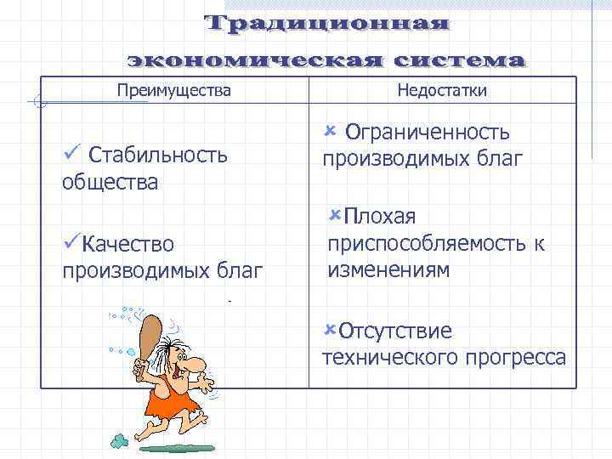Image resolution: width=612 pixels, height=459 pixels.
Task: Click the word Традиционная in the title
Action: coord(327,23)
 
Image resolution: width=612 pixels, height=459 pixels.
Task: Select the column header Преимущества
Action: coord(173,90)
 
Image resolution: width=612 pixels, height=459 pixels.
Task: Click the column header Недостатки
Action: coord(442,91)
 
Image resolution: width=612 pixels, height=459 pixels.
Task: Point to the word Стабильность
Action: coord(158,155)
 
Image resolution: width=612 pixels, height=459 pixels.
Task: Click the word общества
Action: coord(110,182)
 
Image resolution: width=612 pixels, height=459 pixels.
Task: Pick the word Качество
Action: coord(128,245)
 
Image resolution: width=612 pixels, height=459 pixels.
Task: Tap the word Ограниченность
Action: coord(428,133)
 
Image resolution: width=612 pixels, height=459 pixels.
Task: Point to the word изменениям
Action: coord(388,270)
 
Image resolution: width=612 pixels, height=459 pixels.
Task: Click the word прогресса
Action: coord(516,357)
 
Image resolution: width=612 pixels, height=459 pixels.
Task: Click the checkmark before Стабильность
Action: coord(71,153)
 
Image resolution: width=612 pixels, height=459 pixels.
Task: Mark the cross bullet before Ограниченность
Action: coord(331,130)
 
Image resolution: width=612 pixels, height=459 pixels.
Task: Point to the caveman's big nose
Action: coord(195,366)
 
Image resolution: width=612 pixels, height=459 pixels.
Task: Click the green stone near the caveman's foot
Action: coord(118,441)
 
